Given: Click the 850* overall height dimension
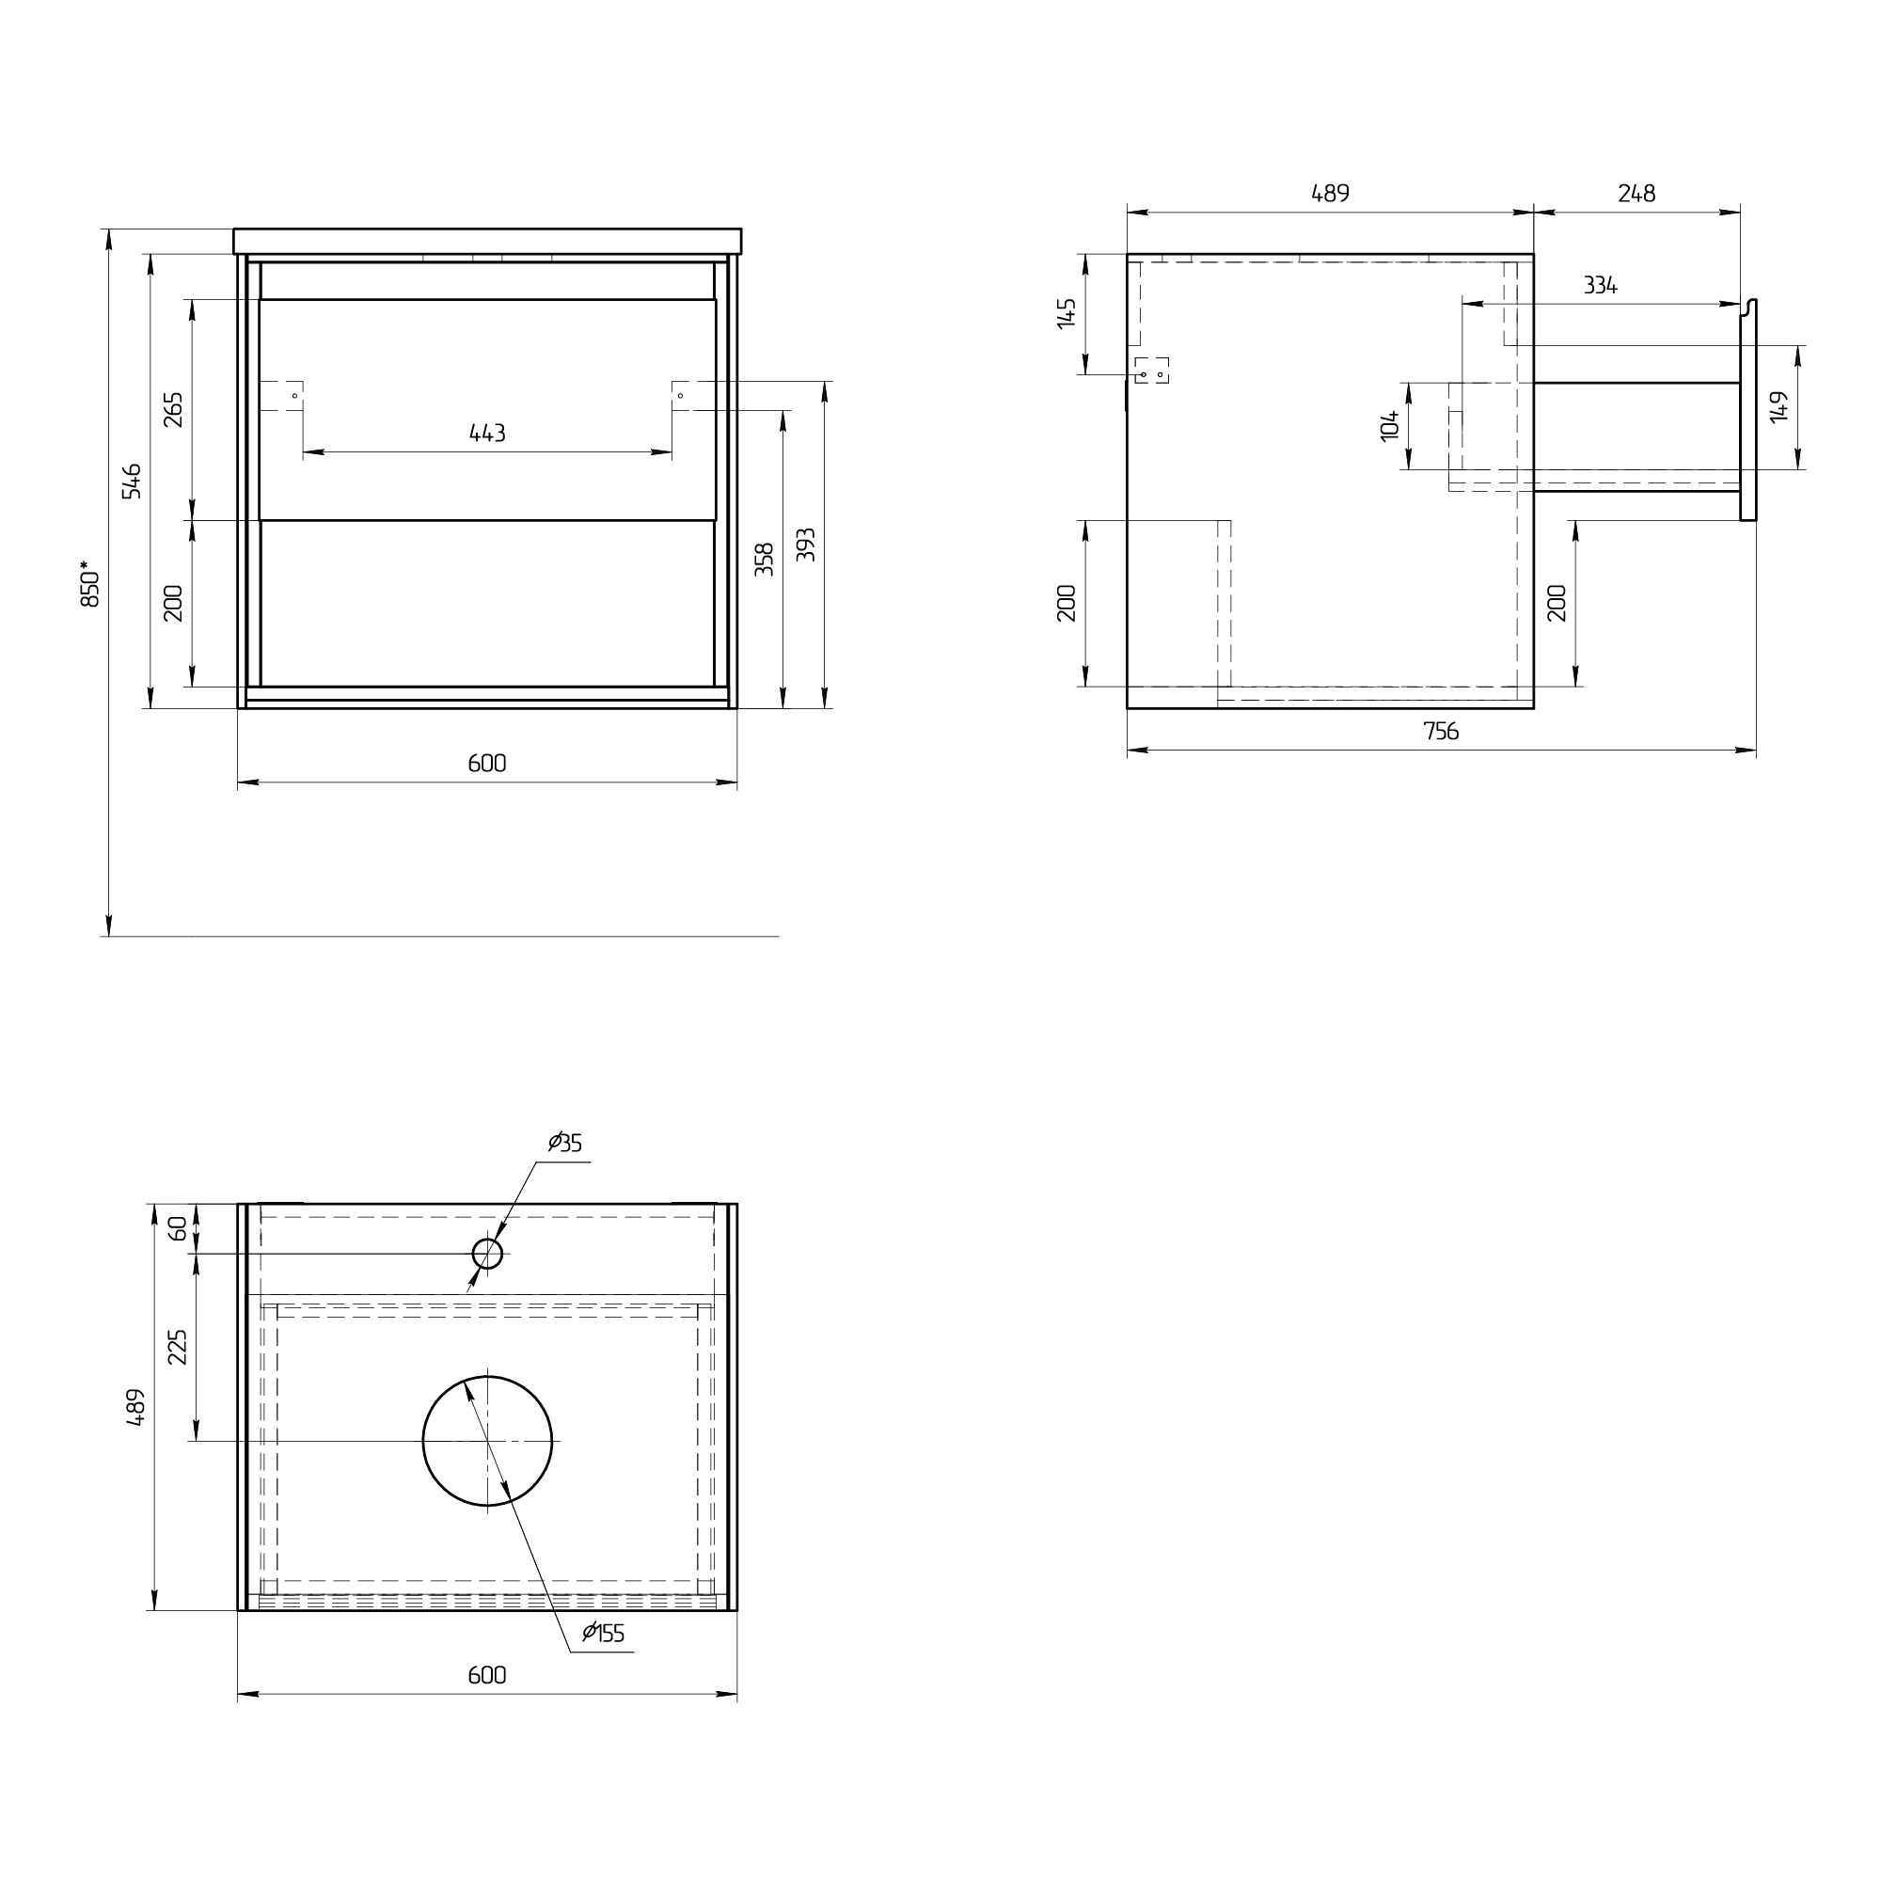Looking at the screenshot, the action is pos(89,583).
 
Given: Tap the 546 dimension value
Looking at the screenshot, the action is pos(132,481).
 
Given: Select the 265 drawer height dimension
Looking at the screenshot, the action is pos(173,410).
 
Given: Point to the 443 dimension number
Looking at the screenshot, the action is pos(487,434).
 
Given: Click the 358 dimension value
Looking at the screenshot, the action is pos(765,560).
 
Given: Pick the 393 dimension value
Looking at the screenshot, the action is pos(805,545).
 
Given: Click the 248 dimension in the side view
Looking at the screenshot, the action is pos(1636,194).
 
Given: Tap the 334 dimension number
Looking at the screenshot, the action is pos(1601,285).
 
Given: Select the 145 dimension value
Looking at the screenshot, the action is pos(1067,313).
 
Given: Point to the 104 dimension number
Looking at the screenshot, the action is pos(1389,425).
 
